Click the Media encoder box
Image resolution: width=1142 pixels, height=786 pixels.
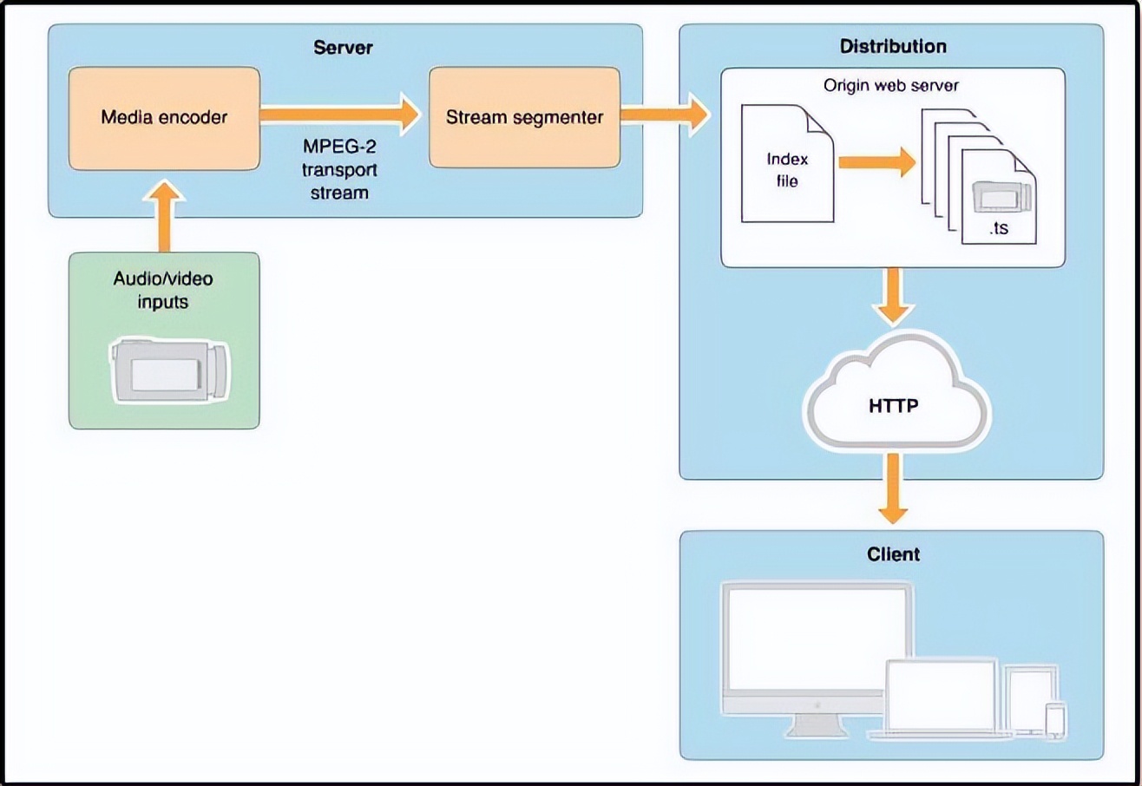(x=165, y=118)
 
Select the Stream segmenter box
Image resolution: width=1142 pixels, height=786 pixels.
(x=524, y=118)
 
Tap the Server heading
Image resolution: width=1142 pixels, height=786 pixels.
(x=343, y=46)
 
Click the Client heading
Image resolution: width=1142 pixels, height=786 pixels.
(x=893, y=553)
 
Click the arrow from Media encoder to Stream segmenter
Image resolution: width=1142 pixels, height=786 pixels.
(x=339, y=113)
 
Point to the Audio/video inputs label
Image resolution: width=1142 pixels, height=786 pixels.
(x=164, y=290)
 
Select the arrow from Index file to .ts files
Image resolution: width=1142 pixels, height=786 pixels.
(x=877, y=161)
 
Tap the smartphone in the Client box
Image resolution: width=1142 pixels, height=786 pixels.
(x=1054, y=721)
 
